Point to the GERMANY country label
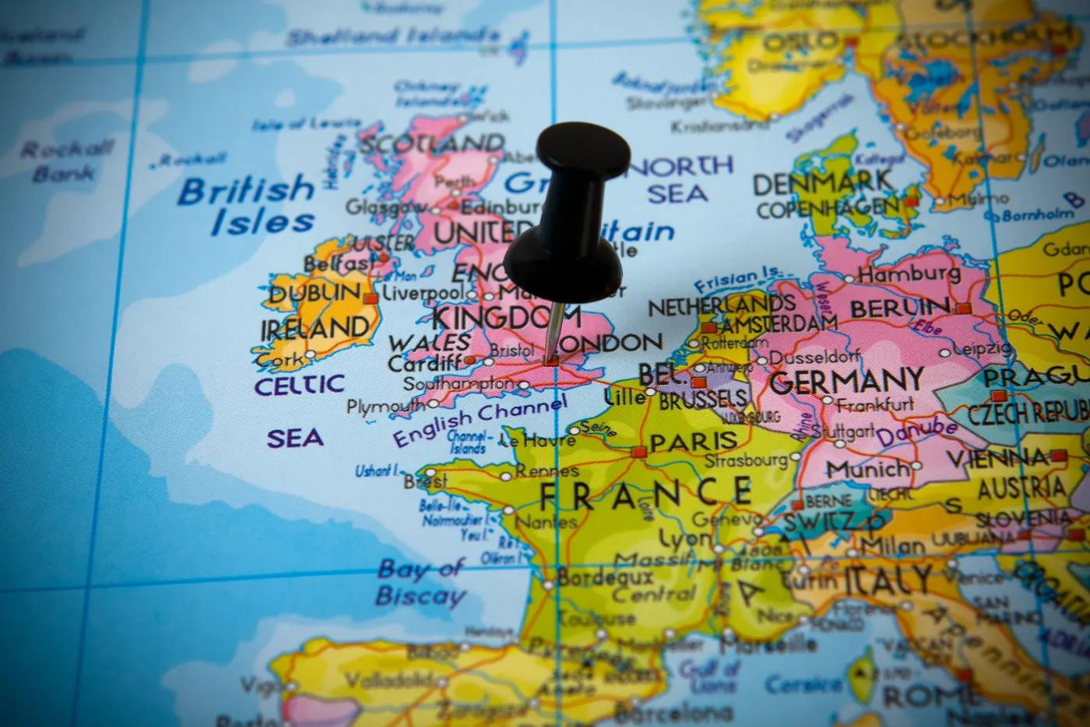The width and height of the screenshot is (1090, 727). [846, 382]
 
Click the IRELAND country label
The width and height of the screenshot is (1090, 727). [315, 329]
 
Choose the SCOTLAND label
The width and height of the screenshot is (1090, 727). [431, 143]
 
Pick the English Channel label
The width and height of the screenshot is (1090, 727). [480, 418]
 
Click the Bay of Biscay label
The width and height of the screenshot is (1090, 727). [421, 583]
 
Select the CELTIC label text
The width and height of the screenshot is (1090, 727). [299, 385]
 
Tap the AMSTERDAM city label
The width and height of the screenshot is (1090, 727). [779, 323]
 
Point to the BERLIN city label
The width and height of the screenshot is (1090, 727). [899, 308]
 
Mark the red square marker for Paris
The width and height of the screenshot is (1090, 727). [639, 452]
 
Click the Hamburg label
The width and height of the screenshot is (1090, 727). [909, 274]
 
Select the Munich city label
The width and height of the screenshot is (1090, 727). [867, 469]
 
